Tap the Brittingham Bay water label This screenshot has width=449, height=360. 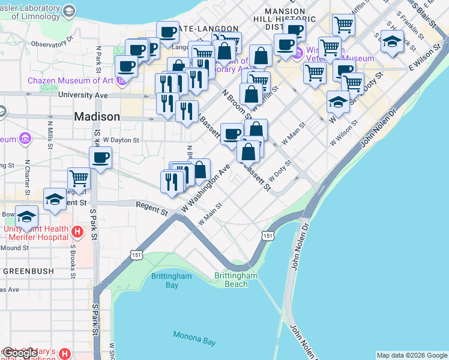164,280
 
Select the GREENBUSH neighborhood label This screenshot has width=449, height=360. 28,271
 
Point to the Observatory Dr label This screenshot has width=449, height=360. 52,44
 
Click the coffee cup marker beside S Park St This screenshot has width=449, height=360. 100,158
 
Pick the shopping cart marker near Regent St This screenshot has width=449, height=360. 79,178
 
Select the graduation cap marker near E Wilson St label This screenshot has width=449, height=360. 392,41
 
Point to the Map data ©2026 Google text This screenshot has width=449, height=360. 412,355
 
